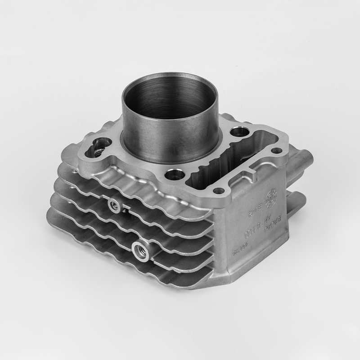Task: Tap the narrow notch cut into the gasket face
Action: pos(250,171)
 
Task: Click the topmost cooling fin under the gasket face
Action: pos(135,180)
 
